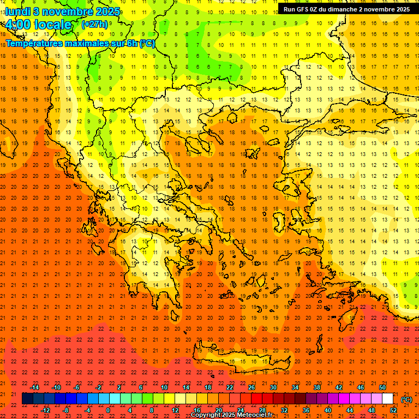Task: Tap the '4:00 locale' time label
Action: [x=38, y=25]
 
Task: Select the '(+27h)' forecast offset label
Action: [x=94, y=25]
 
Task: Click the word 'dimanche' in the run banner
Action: [x=343, y=9]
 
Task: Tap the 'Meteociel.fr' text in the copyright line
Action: [x=253, y=415]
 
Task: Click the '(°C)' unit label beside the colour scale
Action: [x=406, y=399]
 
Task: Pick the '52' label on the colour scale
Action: [x=393, y=410]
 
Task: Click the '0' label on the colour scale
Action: [x=108, y=410]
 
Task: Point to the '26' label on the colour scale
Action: [x=252, y=387]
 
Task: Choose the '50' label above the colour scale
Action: [x=382, y=387]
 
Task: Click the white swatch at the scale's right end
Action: [x=387, y=399]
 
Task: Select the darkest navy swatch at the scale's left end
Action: [x=28, y=399]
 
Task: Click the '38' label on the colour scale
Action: [x=317, y=387]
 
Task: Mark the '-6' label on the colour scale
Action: [x=77, y=387]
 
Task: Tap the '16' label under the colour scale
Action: [x=197, y=410]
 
